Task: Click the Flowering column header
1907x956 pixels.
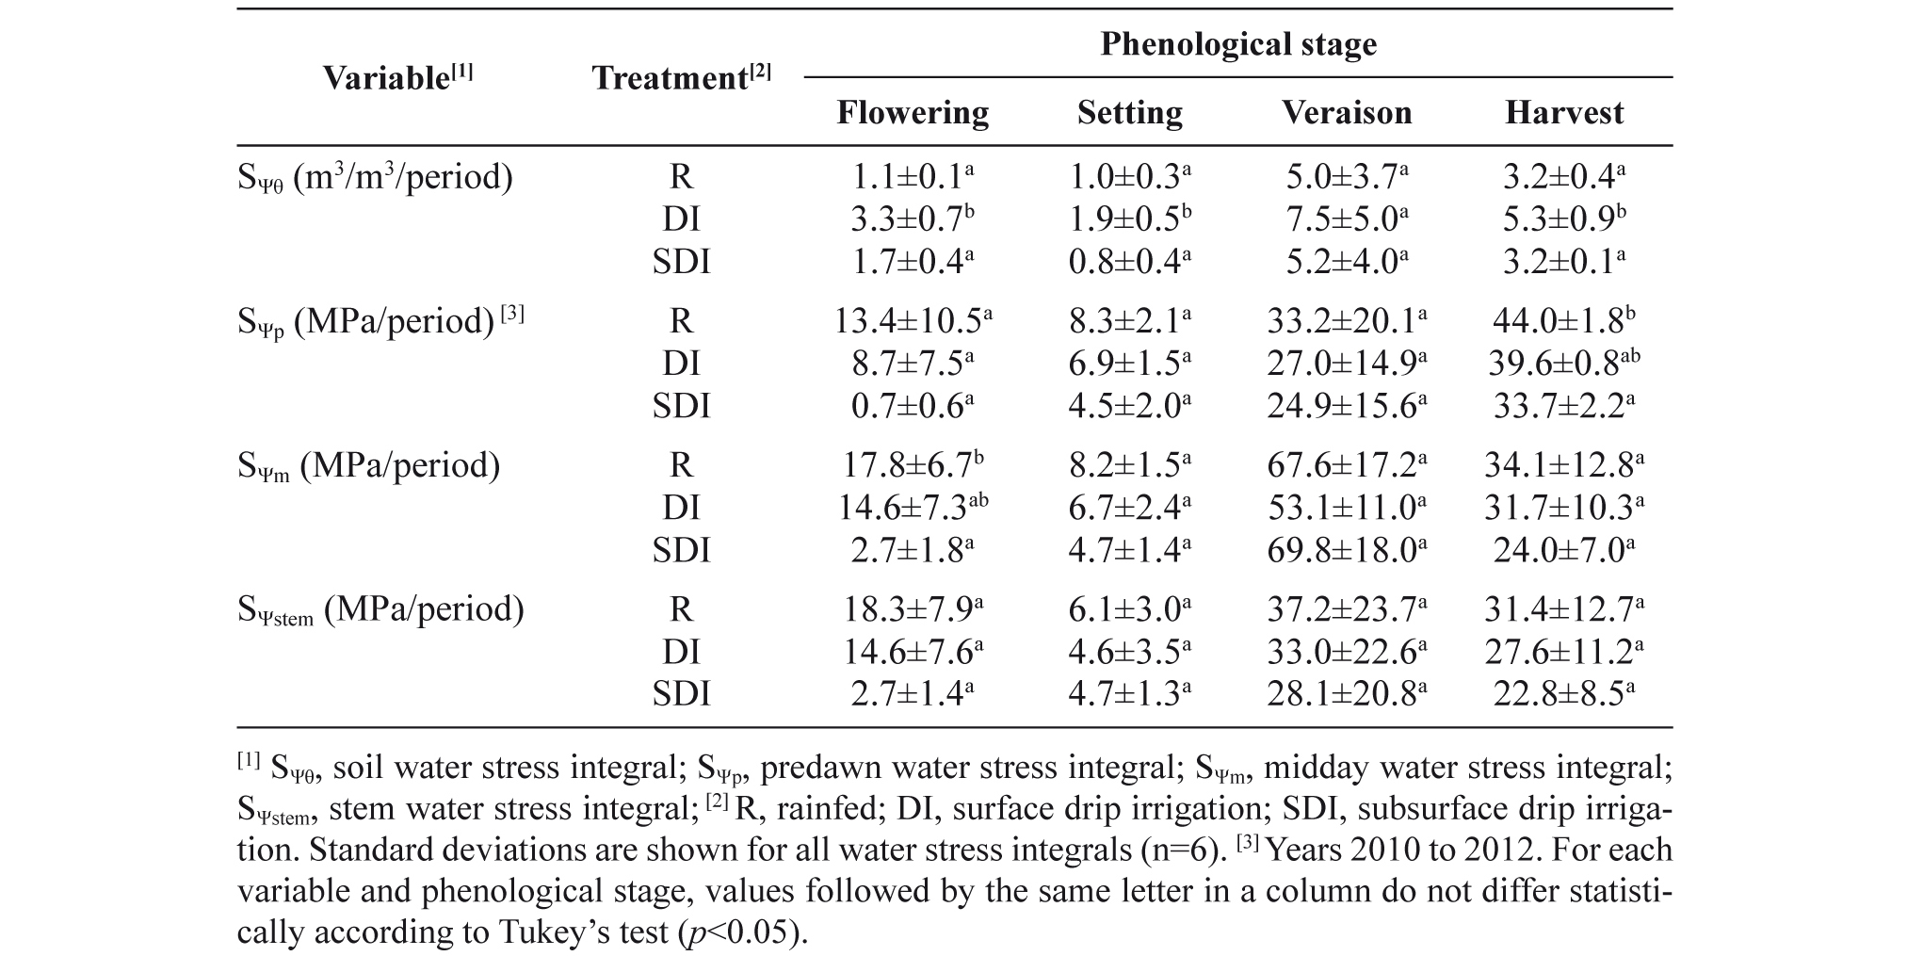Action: (913, 113)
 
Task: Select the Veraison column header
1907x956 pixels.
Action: (1347, 113)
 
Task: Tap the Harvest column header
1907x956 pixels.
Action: (1564, 113)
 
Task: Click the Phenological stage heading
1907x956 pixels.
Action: (1238, 44)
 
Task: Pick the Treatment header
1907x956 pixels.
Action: (681, 77)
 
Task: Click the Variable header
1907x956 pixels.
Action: (398, 77)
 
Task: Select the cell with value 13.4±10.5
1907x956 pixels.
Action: (913, 321)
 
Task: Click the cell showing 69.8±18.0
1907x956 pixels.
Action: (1347, 550)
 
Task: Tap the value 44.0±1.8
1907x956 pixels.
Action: (1564, 321)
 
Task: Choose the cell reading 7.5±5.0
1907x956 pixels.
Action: (1347, 219)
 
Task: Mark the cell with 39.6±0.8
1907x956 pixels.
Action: (1564, 364)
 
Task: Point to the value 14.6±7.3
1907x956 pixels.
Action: (913, 508)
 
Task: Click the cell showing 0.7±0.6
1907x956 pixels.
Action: (913, 406)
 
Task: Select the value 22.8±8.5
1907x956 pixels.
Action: (1564, 694)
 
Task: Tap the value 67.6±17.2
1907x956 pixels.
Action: (1347, 465)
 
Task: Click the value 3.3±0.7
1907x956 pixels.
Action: (913, 219)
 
